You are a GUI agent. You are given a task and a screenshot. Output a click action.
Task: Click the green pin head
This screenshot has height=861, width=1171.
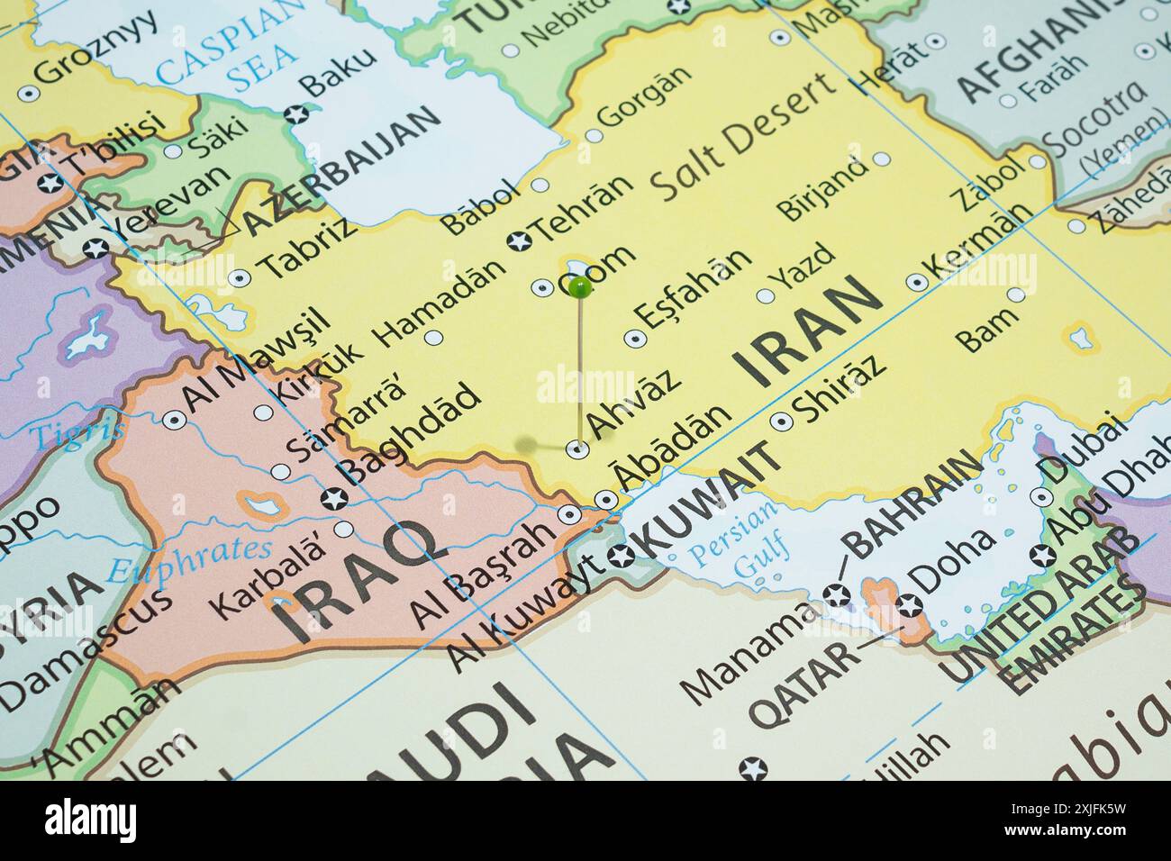(580, 288)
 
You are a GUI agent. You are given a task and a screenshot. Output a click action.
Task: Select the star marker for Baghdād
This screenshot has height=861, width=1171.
(333, 497)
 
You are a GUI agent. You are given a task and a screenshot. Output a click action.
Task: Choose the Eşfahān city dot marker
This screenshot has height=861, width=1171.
(635, 339)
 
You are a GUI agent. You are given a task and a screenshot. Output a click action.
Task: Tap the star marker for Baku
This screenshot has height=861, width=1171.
(294, 114)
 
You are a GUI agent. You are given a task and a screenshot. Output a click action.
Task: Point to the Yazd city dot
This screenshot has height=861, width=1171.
(766, 295)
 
